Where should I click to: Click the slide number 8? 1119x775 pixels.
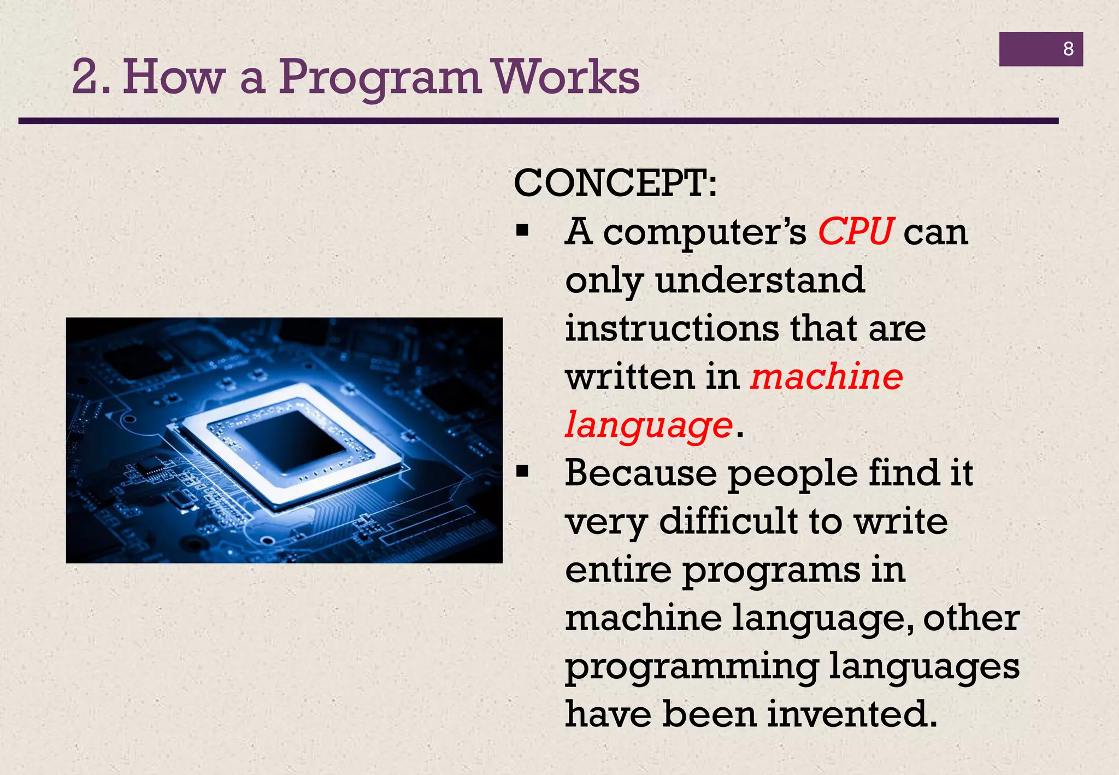[1068, 49]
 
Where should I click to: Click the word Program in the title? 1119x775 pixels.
[380, 78]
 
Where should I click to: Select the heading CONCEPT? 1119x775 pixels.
[615, 183]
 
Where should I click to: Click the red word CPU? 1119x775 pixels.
[855, 232]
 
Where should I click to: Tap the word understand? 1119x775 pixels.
[760, 280]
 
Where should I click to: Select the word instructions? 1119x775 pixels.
[672, 328]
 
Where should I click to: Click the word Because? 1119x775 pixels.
[640, 473]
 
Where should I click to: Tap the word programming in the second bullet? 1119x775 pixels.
[692, 667]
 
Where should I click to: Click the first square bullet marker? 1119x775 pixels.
[522, 231]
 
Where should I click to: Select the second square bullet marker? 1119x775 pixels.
[522, 472]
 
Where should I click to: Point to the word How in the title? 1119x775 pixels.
[174, 78]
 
